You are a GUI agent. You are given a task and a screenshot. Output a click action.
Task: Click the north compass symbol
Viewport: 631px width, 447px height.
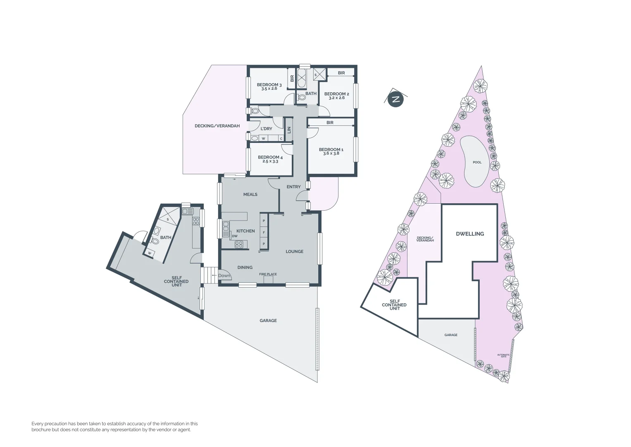(x=396, y=99)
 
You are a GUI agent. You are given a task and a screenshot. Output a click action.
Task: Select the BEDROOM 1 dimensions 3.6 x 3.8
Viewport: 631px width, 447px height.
(x=331, y=154)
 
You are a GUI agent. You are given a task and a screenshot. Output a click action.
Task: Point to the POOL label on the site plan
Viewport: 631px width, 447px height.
(x=477, y=162)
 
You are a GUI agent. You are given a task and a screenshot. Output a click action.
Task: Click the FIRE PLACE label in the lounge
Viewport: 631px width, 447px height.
(x=268, y=274)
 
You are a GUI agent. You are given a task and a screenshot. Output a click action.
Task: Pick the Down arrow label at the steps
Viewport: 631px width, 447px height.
(x=224, y=276)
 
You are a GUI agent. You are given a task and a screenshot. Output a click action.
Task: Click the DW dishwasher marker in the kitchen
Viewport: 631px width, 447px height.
(x=235, y=236)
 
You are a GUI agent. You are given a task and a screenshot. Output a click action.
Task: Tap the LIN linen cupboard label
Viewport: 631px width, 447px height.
(x=289, y=130)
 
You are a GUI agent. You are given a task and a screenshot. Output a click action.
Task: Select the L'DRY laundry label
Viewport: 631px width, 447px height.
(x=266, y=129)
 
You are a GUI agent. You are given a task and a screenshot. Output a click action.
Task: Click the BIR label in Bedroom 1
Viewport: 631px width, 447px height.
(x=330, y=123)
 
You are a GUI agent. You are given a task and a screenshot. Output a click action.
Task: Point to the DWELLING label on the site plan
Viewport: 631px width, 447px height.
(x=470, y=234)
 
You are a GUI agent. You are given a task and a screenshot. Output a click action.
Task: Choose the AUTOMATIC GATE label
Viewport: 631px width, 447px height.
(x=503, y=356)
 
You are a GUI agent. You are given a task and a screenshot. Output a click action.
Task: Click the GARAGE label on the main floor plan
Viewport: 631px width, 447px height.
(x=268, y=321)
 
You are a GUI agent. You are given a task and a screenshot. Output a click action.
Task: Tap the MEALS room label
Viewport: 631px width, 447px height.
(x=250, y=195)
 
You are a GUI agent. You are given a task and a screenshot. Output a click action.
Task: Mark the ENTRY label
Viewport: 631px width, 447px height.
(x=293, y=187)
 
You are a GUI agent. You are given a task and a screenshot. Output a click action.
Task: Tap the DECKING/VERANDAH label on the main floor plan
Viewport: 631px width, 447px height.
(x=217, y=126)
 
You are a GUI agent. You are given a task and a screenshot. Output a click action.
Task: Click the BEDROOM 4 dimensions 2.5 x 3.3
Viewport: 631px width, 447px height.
(x=270, y=161)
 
